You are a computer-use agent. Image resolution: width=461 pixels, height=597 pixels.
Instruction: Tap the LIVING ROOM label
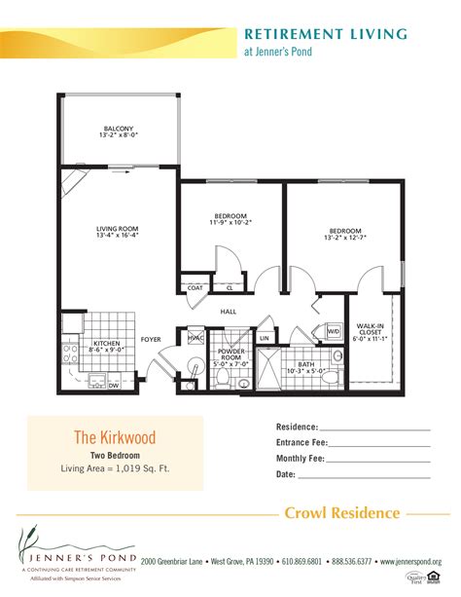(118, 229)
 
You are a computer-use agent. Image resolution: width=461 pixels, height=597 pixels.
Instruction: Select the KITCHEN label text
(105, 343)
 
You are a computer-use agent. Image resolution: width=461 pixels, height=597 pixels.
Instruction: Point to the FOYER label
(151, 339)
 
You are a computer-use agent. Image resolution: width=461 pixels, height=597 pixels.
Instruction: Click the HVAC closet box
(194, 338)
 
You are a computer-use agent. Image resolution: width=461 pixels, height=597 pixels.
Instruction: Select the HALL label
(229, 312)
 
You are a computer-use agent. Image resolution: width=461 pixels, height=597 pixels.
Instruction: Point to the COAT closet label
(195, 288)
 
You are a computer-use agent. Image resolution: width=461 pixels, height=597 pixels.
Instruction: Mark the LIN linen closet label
(265, 337)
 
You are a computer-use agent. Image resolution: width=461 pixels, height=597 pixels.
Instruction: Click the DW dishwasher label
(114, 386)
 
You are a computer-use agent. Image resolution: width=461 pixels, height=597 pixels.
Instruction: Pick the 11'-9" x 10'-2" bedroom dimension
(230, 222)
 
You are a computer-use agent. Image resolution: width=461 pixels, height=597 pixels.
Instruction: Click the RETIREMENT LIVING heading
(325, 34)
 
